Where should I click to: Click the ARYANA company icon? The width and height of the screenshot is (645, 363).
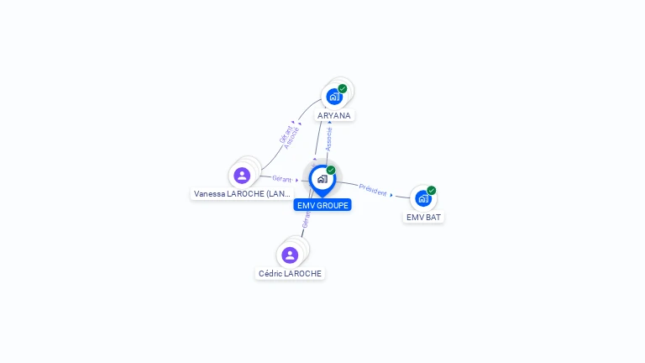(x=334, y=97)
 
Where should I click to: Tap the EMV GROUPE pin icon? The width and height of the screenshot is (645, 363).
(x=322, y=179)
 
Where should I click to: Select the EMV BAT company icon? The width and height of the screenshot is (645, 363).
(x=422, y=198)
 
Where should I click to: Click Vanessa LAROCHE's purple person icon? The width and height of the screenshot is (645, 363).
(x=242, y=176)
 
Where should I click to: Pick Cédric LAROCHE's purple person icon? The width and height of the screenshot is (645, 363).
(x=290, y=255)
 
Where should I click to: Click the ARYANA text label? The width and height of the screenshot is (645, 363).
(x=334, y=115)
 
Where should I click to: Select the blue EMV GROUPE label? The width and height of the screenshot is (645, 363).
(x=322, y=205)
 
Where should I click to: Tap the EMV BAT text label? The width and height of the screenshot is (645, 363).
(x=423, y=217)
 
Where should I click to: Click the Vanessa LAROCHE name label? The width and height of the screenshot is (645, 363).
(x=242, y=193)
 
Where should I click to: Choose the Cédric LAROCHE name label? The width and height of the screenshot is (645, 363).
(x=290, y=273)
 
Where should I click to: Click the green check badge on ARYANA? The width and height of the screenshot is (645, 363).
(x=343, y=88)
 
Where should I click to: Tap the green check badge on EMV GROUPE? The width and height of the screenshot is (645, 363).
(x=331, y=171)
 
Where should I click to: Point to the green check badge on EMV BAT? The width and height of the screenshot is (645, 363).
(x=432, y=190)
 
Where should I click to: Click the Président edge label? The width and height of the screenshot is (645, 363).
(x=373, y=190)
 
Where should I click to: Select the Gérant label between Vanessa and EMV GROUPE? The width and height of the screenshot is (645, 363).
(x=281, y=178)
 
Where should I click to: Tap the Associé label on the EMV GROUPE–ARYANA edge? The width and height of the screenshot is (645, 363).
(x=329, y=139)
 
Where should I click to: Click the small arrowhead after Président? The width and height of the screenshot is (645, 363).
(x=391, y=195)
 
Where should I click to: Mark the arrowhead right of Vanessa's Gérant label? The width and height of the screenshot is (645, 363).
(x=297, y=180)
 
